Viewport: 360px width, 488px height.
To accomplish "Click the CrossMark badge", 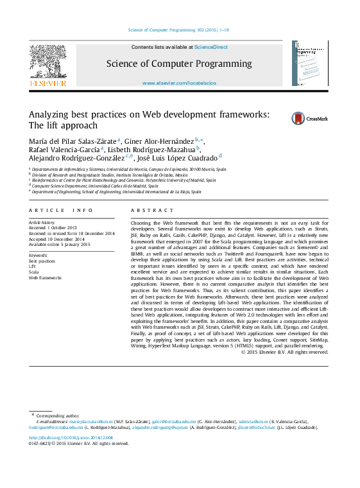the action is tap(291, 118).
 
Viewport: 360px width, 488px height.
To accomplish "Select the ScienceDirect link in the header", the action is tap(211, 47).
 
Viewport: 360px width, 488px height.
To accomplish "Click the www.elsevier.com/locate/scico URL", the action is tap(179, 83).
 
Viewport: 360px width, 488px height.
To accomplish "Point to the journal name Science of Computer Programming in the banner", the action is tap(179, 64).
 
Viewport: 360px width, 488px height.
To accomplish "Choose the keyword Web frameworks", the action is tap(45, 278).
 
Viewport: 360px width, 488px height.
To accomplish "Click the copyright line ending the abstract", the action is tap(284, 352).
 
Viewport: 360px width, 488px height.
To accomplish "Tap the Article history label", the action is tap(42, 222).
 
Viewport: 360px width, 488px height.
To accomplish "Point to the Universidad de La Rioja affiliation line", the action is tap(116, 191).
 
